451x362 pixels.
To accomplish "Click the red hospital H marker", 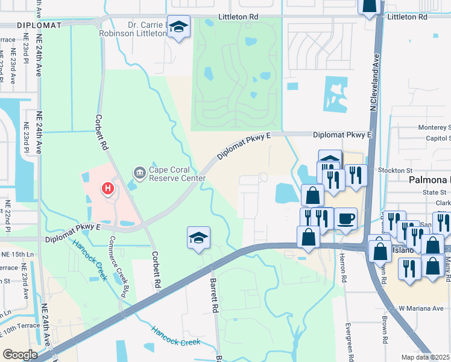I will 107,189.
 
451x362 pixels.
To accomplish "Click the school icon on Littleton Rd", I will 178,27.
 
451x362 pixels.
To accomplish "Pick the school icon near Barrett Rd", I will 198,238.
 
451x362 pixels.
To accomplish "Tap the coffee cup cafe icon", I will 345,218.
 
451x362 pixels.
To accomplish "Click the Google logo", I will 20,354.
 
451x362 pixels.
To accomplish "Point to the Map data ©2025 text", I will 424,357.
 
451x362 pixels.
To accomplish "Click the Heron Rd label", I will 342,265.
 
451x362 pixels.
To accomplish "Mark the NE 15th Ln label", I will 16,253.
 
